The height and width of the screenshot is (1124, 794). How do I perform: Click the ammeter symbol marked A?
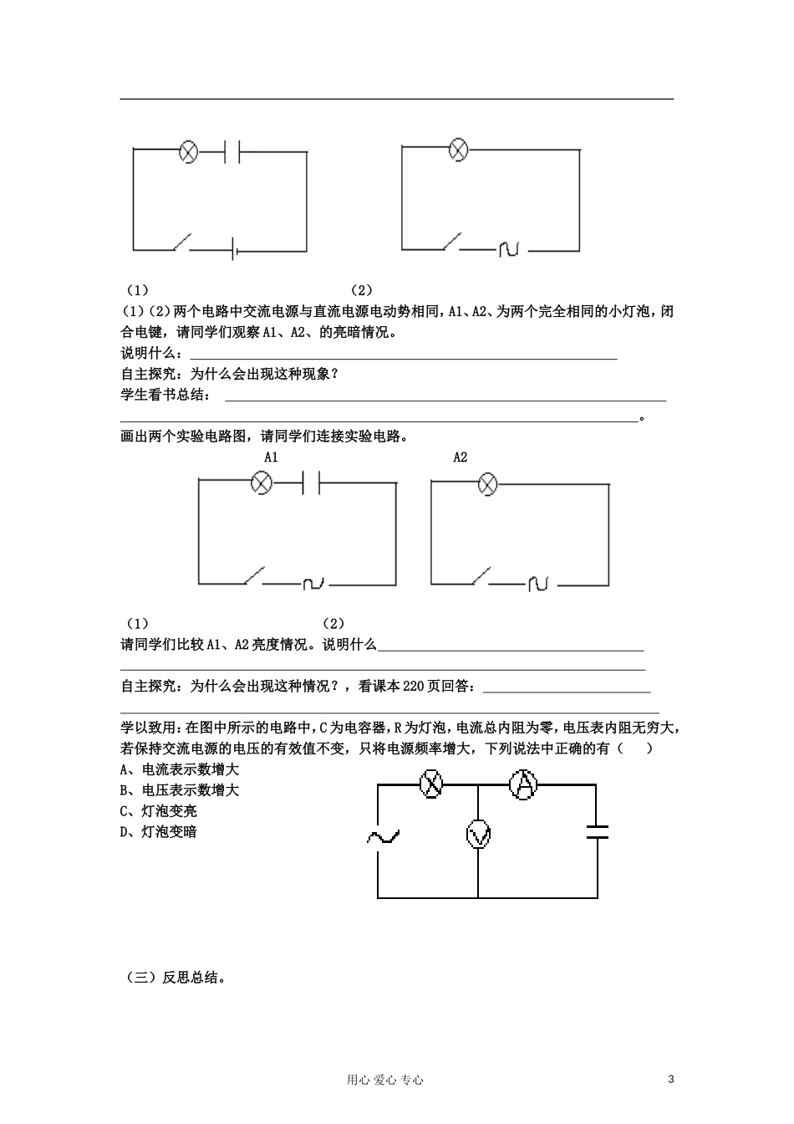[x=523, y=784]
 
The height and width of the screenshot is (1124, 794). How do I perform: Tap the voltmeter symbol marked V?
[x=478, y=835]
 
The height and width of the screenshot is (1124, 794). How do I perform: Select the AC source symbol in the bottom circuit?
[x=383, y=835]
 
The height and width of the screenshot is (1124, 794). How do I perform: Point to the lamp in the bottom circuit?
[x=431, y=784]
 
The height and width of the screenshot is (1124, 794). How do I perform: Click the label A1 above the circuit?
[x=271, y=457]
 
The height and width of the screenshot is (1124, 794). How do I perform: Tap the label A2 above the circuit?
[x=461, y=457]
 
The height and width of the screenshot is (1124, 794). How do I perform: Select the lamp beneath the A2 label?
[x=487, y=483]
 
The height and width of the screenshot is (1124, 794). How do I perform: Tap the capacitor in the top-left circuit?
[x=233, y=151]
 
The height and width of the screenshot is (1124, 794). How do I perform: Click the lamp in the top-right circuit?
[x=458, y=150]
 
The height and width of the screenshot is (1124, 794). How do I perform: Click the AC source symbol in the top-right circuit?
[x=509, y=248]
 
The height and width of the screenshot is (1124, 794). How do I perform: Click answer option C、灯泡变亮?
[x=159, y=811]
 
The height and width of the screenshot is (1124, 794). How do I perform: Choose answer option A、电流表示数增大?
[x=180, y=769]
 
